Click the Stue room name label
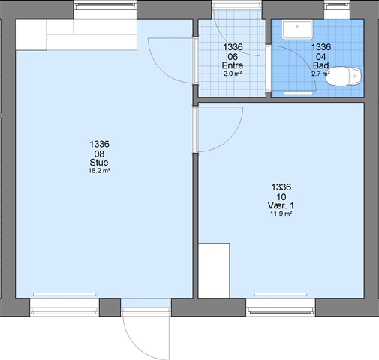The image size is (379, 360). (x=99, y=163)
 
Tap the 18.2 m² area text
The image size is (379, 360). (x=99, y=171)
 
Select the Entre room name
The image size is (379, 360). (x=233, y=65)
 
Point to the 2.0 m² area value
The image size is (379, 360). (x=233, y=73)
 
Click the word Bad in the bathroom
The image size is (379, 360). (x=321, y=65)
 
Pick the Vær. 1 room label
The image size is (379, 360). (x=281, y=205)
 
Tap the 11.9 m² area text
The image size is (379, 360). (x=281, y=214)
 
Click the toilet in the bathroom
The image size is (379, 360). (x=344, y=76)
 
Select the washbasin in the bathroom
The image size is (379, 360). (x=297, y=30)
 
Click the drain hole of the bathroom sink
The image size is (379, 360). (x=297, y=26)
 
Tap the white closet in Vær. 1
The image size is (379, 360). (x=214, y=270)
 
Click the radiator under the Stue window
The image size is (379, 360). (x=65, y=294)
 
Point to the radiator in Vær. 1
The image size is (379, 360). (x=281, y=294)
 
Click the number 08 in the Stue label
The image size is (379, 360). (x=99, y=154)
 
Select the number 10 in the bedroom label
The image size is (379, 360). (x=281, y=197)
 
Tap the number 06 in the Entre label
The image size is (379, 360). (x=233, y=57)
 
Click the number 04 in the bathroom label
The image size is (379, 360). (x=321, y=57)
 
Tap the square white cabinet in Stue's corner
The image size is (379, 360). (x=32, y=34)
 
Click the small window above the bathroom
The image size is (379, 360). (x=337, y=6)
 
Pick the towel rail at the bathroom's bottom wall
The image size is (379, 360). (x=299, y=93)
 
